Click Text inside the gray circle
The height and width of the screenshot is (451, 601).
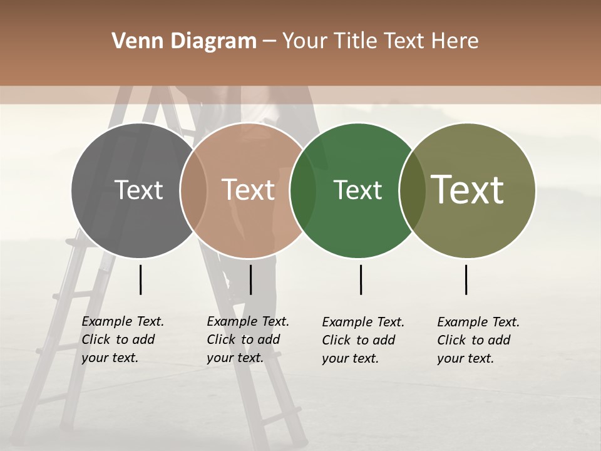138,190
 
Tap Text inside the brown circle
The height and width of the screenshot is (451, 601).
249,190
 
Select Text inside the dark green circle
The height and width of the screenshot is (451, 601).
357,190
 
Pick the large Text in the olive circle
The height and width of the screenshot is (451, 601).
468,190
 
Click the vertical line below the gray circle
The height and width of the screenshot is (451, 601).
140,279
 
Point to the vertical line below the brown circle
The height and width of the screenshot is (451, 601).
250,279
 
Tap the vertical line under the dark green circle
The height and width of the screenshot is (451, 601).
361,279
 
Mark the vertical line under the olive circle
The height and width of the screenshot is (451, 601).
466,279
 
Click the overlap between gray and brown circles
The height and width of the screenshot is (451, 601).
193,190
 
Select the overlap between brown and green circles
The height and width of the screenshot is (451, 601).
303,190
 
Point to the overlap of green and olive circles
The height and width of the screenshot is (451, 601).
412,190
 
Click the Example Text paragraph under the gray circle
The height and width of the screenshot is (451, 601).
123,340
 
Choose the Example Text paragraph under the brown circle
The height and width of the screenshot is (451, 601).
248,340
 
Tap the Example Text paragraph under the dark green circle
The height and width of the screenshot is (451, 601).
363,340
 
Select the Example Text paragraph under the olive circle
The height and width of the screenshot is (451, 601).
478,340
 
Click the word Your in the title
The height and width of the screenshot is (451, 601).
305,41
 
